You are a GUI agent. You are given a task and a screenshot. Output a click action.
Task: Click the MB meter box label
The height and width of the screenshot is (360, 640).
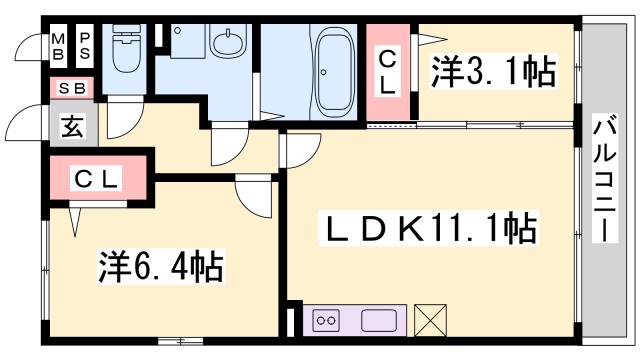[58, 43]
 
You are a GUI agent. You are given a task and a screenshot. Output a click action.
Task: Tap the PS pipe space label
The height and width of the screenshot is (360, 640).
[85, 43]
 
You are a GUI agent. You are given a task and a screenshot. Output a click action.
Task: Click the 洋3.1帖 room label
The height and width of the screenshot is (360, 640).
[493, 72]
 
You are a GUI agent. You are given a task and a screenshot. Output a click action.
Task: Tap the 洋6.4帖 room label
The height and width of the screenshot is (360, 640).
[160, 268]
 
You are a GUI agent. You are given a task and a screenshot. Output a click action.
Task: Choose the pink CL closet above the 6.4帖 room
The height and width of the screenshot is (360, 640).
[98, 180]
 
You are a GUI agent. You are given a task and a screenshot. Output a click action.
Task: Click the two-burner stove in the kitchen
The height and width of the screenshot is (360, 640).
[327, 320]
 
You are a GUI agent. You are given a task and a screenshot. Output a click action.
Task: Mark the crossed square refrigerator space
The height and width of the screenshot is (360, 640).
[431, 320]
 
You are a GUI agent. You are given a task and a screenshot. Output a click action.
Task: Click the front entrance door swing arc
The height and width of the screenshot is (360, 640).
[22, 125]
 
